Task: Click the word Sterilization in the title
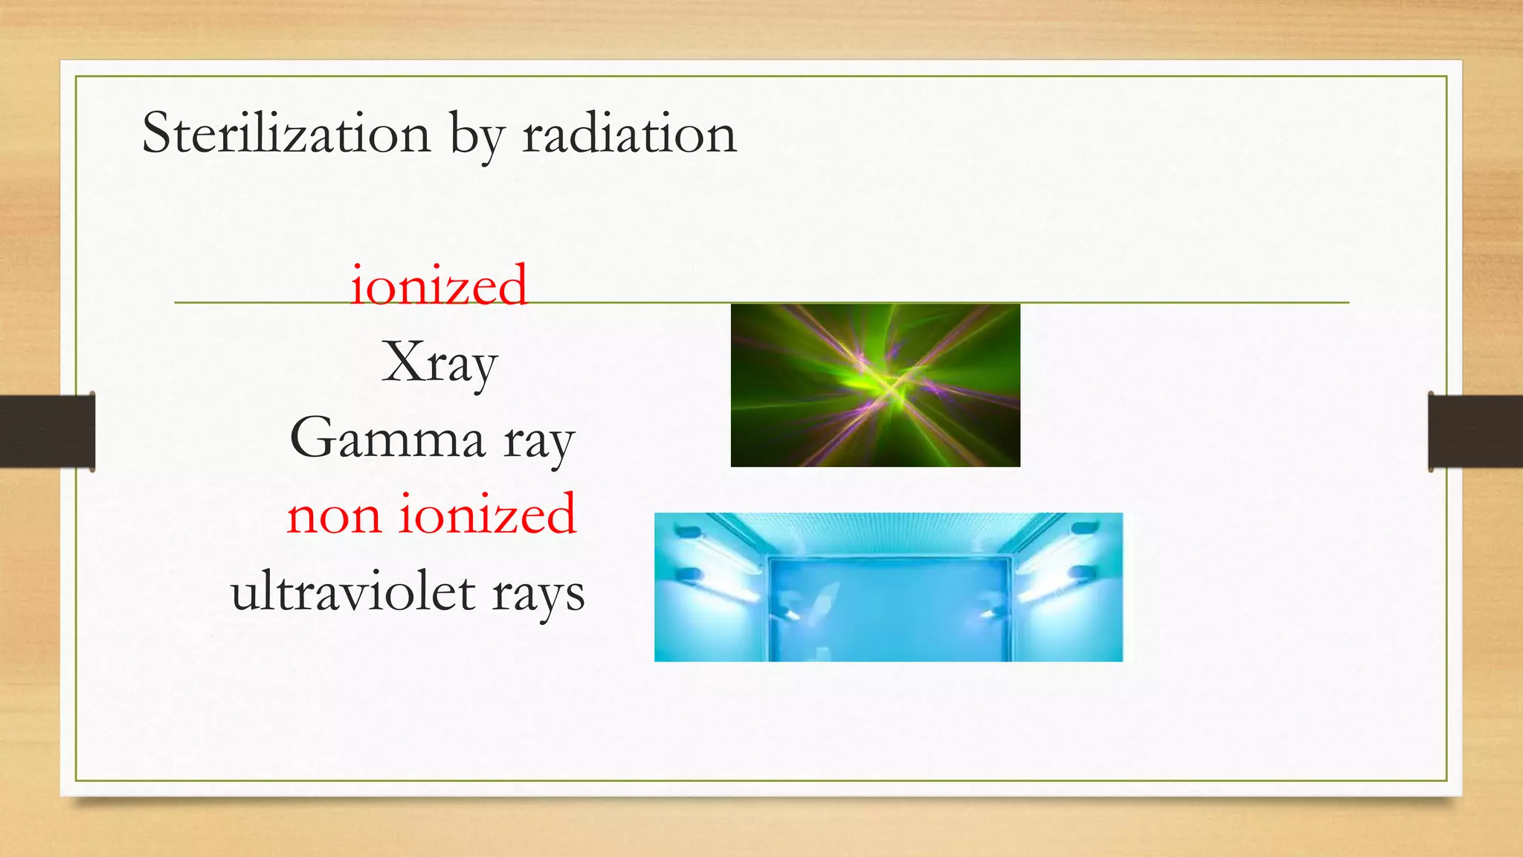(x=286, y=134)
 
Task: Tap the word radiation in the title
(x=629, y=134)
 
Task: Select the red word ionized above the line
(x=439, y=286)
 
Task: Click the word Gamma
(x=387, y=439)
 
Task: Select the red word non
(x=333, y=516)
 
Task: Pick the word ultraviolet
(x=353, y=593)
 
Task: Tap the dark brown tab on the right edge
(x=1475, y=431)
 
